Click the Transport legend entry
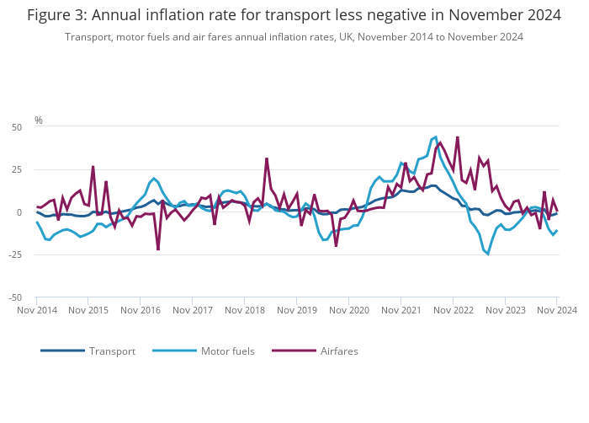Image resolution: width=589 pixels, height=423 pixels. click(x=111, y=351)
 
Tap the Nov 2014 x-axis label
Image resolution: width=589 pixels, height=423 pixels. click(x=37, y=310)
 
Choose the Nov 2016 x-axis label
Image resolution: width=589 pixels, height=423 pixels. click(x=141, y=310)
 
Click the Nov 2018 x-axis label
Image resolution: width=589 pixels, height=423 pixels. click(x=245, y=310)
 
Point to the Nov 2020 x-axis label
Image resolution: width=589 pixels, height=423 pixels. click(x=349, y=310)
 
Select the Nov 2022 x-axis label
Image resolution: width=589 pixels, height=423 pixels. click(x=454, y=310)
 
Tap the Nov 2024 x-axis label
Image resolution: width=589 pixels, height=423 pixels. click(x=557, y=310)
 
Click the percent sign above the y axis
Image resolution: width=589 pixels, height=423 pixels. click(x=39, y=120)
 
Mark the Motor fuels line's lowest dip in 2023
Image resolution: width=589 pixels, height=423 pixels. click(x=488, y=254)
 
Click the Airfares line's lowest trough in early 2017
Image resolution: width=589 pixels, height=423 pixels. click(x=158, y=249)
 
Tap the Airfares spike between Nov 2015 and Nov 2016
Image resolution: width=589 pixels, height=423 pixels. click(x=106, y=181)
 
